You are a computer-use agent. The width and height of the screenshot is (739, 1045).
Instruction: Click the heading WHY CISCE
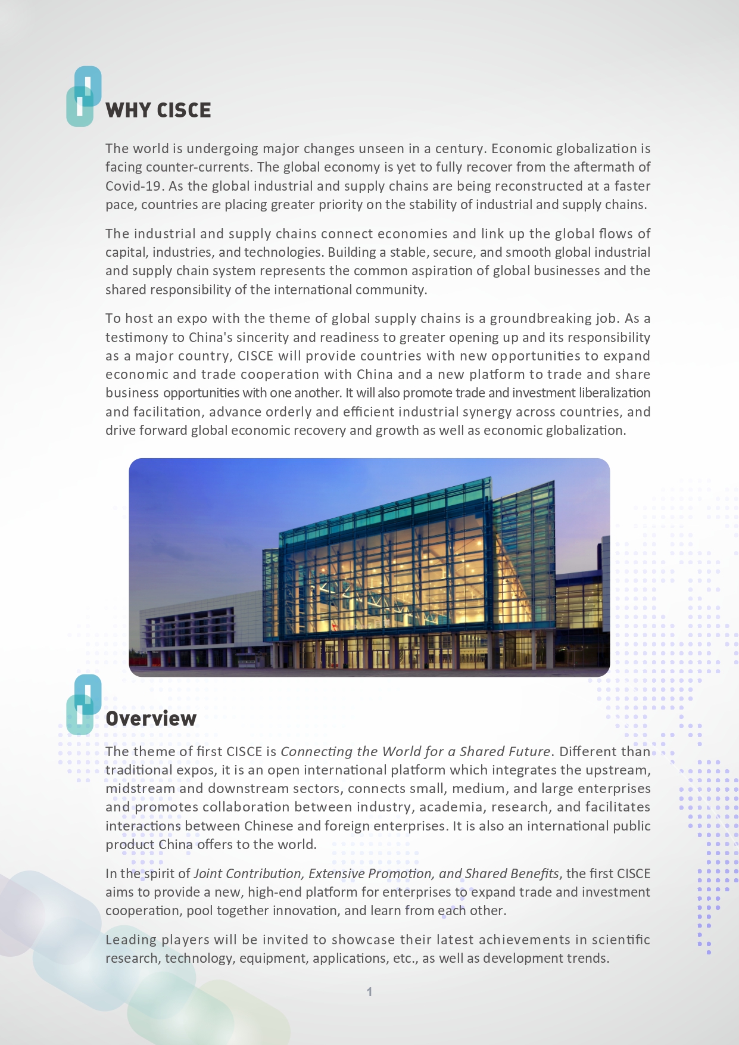tap(158, 111)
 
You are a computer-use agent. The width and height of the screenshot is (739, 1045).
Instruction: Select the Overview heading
tap(151, 719)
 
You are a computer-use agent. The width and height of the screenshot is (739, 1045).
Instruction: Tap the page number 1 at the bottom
tap(369, 992)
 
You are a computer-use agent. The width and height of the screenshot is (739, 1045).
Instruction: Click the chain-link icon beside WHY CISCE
tap(83, 97)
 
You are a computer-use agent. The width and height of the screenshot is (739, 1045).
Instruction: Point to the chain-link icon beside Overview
tap(83, 704)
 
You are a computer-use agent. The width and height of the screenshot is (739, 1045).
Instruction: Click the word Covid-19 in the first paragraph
tap(133, 186)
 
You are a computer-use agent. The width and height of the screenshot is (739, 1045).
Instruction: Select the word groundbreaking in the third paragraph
tap(541, 319)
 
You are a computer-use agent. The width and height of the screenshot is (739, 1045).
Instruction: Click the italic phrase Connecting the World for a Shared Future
tap(415, 752)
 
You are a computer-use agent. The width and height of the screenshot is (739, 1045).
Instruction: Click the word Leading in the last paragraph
tap(127, 940)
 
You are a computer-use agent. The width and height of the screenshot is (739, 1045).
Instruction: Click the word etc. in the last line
tap(404, 959)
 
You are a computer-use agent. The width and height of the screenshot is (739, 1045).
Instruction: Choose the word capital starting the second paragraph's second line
tap(125, 253)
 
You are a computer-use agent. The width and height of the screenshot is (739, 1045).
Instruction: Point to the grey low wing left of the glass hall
tap(197, 632)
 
